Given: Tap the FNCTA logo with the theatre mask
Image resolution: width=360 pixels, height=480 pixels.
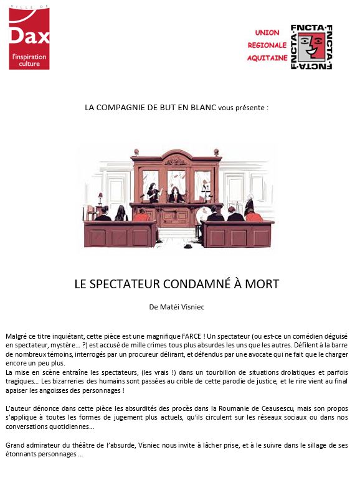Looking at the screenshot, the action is pos(311,47).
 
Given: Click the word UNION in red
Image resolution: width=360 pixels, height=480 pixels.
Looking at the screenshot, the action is pos(267,32).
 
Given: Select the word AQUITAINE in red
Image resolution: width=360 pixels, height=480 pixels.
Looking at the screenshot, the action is pos(267,57).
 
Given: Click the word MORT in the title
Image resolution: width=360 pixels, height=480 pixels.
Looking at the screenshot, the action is pos(262,284).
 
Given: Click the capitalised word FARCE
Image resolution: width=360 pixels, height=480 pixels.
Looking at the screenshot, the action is pos(186,336).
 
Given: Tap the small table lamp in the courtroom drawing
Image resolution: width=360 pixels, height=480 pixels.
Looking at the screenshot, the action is pos(220,187).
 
